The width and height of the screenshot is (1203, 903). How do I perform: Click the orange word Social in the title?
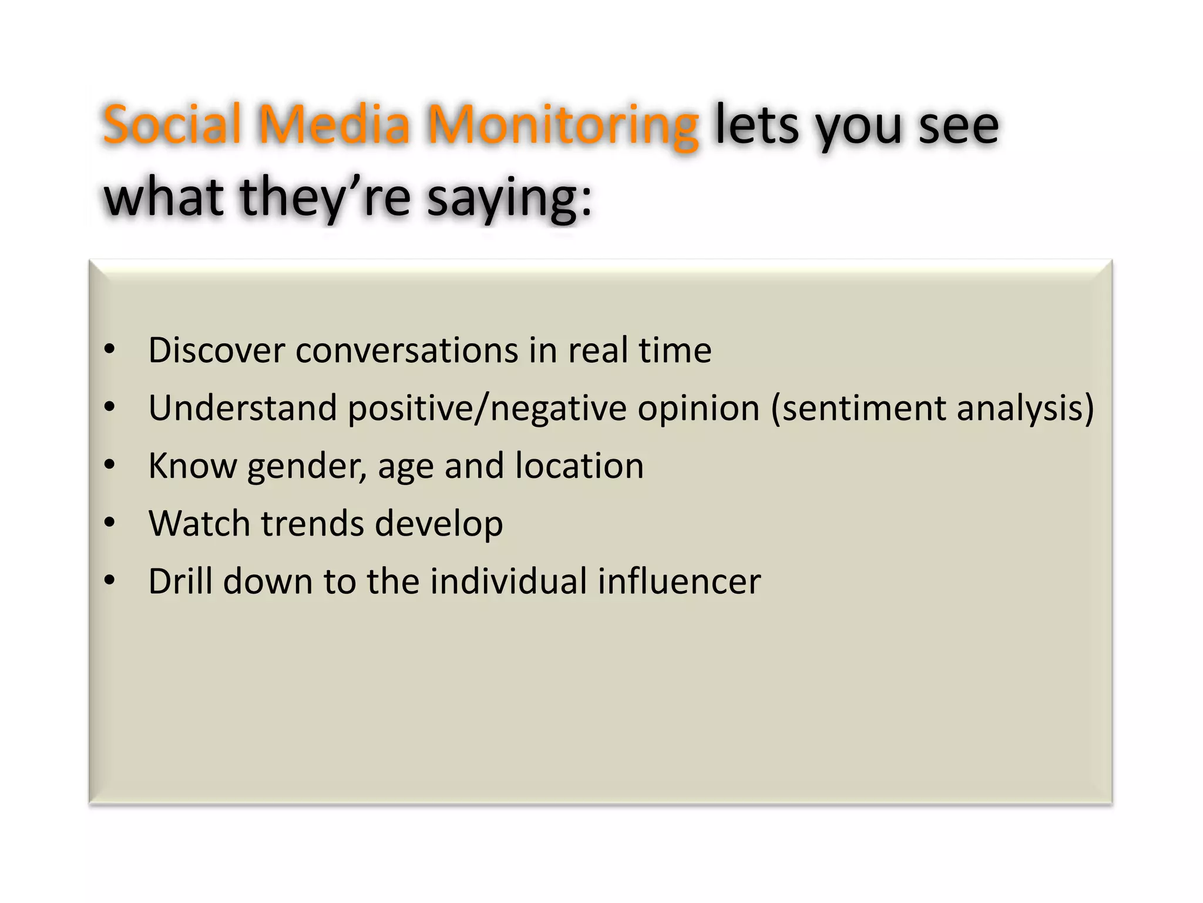pos(172,125)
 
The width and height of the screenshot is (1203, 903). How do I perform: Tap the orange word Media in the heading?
pos(334,125)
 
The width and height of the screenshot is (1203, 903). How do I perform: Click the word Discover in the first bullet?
pos(216,350)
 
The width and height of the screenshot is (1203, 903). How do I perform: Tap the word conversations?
pos(406,350)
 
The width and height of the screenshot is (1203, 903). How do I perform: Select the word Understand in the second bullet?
pos(243,408)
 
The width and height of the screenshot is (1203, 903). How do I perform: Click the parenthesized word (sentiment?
pos(858,408)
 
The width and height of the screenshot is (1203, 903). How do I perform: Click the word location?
pos(579,466)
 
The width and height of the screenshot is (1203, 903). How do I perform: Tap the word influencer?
pos(679,581)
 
